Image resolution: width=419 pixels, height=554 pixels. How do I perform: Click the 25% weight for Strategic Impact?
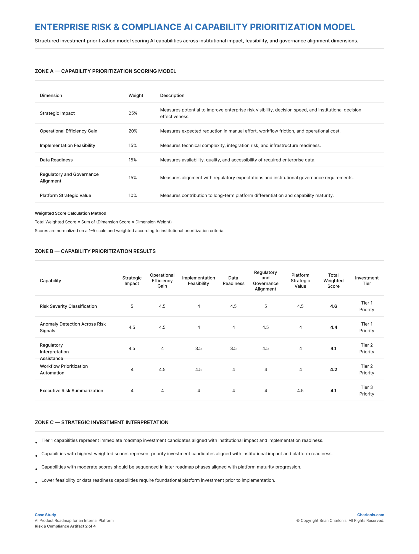coord(133,113)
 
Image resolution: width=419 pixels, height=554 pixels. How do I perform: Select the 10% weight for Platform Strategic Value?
coord(132,195)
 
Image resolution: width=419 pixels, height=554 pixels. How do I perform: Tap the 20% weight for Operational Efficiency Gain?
coord(133,131)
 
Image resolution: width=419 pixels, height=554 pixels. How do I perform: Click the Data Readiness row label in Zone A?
coord(56,160)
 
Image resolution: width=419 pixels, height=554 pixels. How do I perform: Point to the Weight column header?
coord(136,95)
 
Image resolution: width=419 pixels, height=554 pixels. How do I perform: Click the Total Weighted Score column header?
coord(333,280)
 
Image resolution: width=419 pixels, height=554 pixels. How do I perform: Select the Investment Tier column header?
coord(367,280)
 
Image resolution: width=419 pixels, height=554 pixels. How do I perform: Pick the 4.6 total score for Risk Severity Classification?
coord(333,306)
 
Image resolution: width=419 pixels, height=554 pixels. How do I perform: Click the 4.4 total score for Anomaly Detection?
coord(334,327)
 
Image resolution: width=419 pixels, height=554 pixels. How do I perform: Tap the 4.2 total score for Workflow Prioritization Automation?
coord(333,369)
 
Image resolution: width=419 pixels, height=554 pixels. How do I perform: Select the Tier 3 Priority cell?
coord(367,390)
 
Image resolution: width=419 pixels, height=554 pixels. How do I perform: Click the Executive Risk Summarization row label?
coord(71,390)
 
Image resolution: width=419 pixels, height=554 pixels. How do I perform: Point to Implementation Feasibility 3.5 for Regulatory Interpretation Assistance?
coord(198,348)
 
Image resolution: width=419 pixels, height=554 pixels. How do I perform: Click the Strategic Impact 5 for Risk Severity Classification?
coord(132,306)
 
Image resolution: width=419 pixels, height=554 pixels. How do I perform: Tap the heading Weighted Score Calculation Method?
coord(70,213)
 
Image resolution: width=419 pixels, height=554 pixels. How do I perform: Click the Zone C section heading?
coord(102,422)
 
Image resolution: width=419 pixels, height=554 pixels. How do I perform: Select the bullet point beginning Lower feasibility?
coord(158,480)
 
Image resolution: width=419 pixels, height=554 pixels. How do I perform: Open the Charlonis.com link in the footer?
coord(371,515)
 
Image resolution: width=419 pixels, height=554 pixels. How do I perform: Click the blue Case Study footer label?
coord(45,515)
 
